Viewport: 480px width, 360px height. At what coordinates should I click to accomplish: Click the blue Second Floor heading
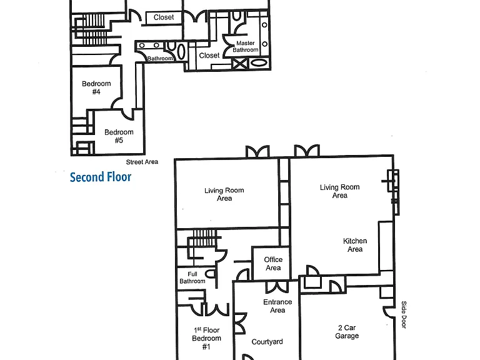pyautogui.click(x=101, y=177)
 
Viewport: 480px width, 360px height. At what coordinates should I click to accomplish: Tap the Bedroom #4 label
pyautogui.click(x=96, y=87)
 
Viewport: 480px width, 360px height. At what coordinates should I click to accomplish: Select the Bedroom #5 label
pyautogui.click(x=119, y=136)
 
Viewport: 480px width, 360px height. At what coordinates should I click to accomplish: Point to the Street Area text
pyautogui.click(x=142, y=162)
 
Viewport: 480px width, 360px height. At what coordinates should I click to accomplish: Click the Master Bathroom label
pyautogui.click(x=246, y=46)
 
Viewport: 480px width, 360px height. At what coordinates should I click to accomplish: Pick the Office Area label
pyautogui.click(x=273, y=264)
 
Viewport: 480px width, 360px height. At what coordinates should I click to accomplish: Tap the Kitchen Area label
pyautogui.click(x=355, y=245)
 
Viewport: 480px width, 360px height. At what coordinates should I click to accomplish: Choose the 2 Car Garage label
pyautogui.click(x=347, y=332)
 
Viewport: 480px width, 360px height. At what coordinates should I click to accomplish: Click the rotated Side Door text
pyautogui.click(x=404, y=315)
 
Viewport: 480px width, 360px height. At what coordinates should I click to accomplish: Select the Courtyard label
pyautogui.click(x=267, y=342)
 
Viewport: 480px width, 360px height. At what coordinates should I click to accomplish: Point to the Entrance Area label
pyautogui.click(x=277, y=306)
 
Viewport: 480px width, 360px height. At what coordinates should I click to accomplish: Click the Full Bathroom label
pyautogui.click(x=192, y=277)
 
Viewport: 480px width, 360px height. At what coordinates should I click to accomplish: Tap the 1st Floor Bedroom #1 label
pyautogui.click(x=206, y=338)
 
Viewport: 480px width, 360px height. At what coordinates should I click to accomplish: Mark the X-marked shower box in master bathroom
pyautogui.click(x=240, y=64)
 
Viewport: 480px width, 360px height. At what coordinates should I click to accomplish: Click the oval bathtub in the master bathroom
pyautogui.click(x=259, y=64)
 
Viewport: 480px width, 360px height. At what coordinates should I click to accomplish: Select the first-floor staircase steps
pyautogui.click(x=204, y=237)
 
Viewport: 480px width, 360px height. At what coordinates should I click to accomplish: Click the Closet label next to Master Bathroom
pyautogui.click(x=209, y=56)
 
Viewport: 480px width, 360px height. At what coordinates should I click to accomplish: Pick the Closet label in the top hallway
pyautogui.click(x=164, y=17)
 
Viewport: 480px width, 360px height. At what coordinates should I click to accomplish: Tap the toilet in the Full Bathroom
pyautogui.click(x=210, y=273)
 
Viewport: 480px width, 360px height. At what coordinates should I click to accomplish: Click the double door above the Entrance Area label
pyautogui.click(x=277, y=287)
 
